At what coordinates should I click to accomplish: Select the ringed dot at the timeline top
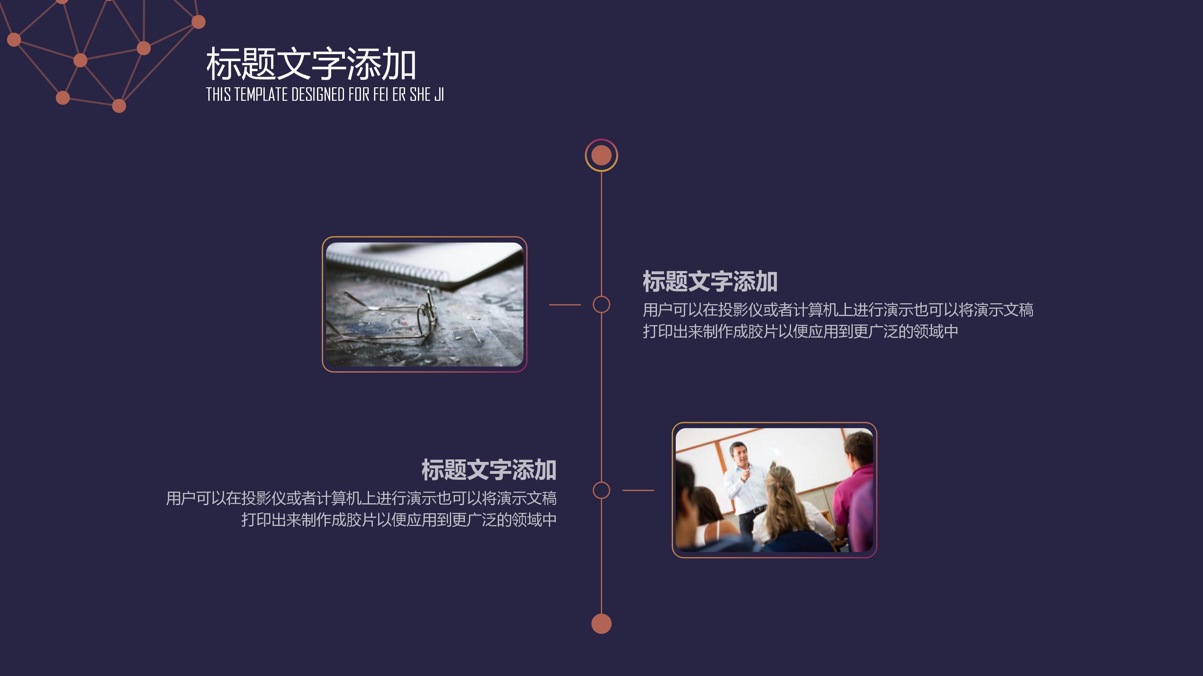click(x=601, y=155)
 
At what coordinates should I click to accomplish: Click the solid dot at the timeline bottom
click(x=601, y=624)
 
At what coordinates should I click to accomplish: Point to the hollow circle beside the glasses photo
click(x=601, y=305)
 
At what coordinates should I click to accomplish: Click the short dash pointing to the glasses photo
click(x=565, y=305)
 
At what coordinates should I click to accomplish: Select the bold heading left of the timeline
click(x=488, y=470)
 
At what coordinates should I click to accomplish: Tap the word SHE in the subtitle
click(x=420, y=95)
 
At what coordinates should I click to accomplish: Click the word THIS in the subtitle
click(x=218, y=95)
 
